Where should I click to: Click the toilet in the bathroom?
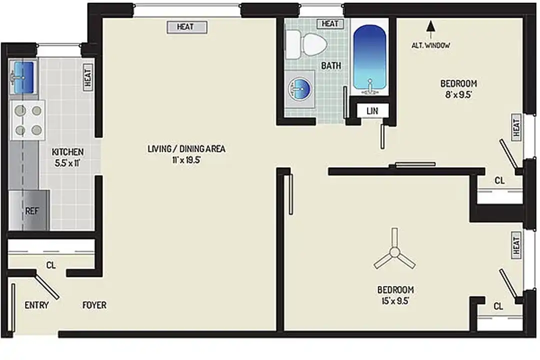pyautogui.click(x=306, y=44)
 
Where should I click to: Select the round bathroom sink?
pyautogui.click(x=299, y=89)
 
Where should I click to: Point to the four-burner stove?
pyautogui.click(x=28, y=120)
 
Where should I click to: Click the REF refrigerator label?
pyautogui.click(x=31, y=210)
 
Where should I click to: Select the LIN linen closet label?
pyautogui.click(x=372, y=111)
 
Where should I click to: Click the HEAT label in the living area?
pyautogui.click(x=187, y=27)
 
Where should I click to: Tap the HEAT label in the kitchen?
pyautogui.click(x=88, y=77)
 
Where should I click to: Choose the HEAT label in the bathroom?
pyautogui.click(x=330, y=23)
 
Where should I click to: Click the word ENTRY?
pyautogui.click(x=36, y=305)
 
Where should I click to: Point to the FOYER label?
pyautogui.click(x=94, y=305)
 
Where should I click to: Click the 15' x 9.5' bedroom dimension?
pyautogui.click(x=395, y=300)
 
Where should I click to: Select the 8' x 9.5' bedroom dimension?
pyautogui.click(x=458, y=94)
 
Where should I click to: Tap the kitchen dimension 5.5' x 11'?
pyautogui.click(x=67, y=162)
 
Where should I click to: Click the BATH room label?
pyautogui.click(x=331, y=65)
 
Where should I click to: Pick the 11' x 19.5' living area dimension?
pyautogui.click(x=186, y=160)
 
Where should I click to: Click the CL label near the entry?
pyautogui.click(x=51, y=265)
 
